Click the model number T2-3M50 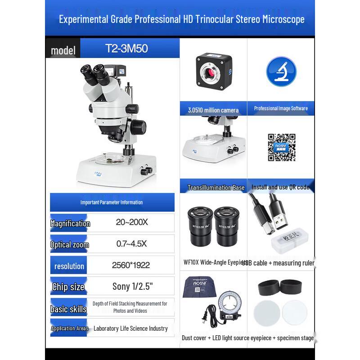point(126,49)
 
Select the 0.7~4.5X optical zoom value point(131,244)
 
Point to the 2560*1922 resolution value point(131,265)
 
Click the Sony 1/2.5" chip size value point(133,286)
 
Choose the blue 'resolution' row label point(69,266)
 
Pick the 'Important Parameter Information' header point(112,202)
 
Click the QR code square point(282,147)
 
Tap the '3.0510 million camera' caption point(213,110)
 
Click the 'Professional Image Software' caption point(281,108)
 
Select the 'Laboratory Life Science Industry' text point(130,328)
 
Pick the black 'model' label point(63,50)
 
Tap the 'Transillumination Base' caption point(216,188)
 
